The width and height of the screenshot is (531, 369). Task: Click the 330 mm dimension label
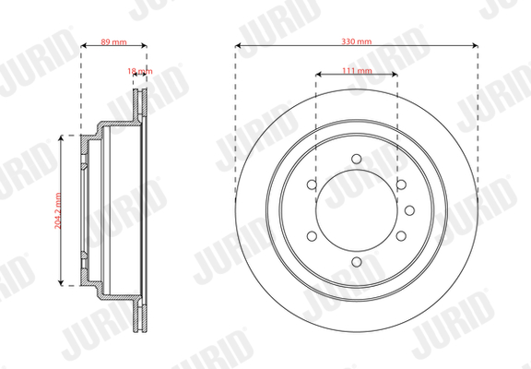tap(356, 42)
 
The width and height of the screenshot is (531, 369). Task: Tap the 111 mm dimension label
tap(357, 70)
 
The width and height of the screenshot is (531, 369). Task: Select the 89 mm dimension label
tap(113, 42)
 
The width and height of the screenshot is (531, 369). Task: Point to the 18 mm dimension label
tap(140, 71)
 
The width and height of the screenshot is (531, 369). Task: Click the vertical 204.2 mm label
tap(58, 210)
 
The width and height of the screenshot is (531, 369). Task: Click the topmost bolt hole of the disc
tap(357, 159)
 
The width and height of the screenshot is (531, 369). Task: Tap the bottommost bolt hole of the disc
tap(357, 262)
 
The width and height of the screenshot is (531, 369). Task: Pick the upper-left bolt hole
tap(312, 184)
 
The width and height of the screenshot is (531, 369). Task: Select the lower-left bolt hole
tap(312, 236)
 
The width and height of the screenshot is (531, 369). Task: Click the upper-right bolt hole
tap(401, 184)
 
